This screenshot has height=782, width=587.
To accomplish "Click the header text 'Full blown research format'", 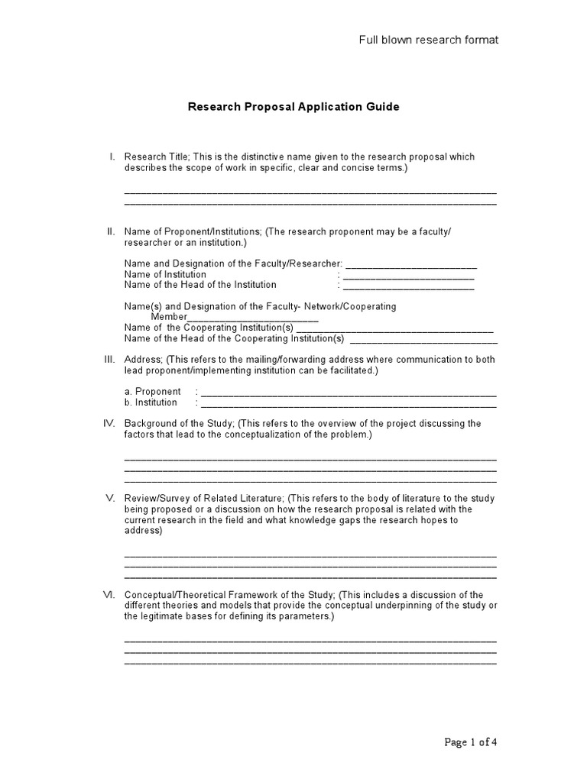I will click(x=429, y=40).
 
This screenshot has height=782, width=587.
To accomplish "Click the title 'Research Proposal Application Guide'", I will click(x=293, y=107).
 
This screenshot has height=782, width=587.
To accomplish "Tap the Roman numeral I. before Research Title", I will click(x=112, y=157).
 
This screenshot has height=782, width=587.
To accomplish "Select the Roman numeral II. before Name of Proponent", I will click(x=110, y=231).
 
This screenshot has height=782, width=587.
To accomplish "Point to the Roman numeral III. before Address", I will click(x=109, y=359).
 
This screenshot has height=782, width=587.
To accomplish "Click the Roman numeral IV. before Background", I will click(x=109, y=423).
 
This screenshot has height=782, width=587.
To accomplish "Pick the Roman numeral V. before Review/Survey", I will click(x=110, y=498).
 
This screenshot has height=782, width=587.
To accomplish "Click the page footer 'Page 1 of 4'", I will click(x=472, y=742).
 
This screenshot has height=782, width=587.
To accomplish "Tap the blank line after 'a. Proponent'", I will click(x=349, y=394).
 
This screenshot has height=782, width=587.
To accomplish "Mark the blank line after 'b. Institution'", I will click(x=349, y=405).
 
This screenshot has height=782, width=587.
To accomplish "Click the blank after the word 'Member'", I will click(x=253, y=318).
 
